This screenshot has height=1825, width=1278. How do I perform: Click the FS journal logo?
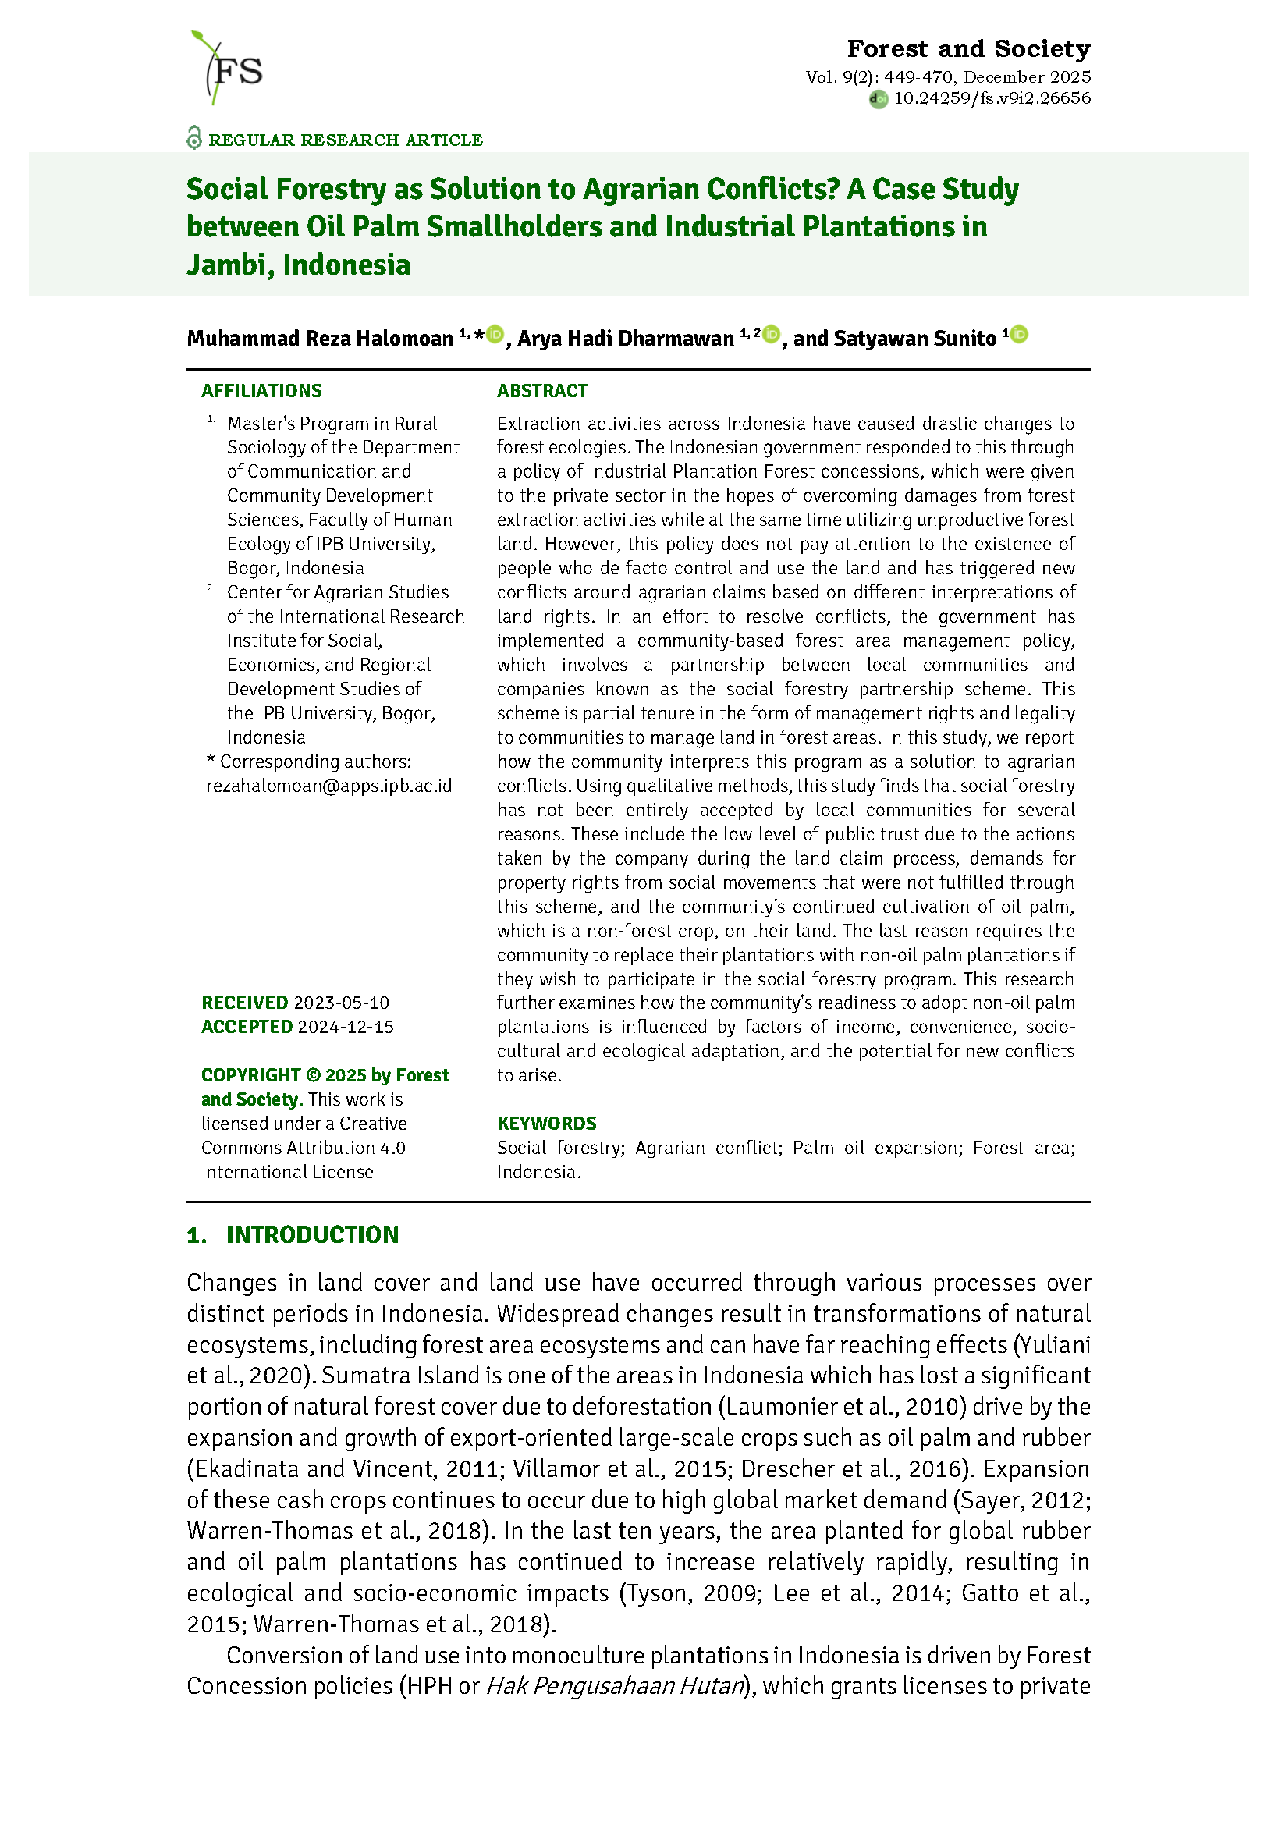[226, 69]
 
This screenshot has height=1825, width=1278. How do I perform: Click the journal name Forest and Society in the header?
[968, 49]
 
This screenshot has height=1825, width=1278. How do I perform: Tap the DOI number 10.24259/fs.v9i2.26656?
[992, 98]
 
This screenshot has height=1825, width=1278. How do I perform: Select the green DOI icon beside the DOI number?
[879, 99]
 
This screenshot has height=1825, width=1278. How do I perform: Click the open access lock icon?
[194, 138]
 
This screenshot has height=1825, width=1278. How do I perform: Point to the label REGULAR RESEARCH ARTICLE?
[346, 140]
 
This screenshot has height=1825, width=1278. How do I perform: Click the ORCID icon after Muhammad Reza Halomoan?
[495, 335]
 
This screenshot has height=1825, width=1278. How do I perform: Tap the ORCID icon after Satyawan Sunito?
[1020, 335]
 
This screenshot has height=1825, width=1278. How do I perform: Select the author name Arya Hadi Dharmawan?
[626, 339]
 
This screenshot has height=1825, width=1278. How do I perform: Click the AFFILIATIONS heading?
[261, 391]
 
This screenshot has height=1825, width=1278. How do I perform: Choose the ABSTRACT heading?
[542, 391]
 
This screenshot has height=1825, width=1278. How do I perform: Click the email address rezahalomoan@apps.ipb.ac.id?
[329, 786]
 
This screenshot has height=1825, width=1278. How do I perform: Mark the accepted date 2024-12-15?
[346, 1027]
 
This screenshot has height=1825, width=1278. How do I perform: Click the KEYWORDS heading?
[547, 1124]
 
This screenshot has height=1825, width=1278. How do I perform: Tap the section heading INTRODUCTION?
[312, 1234]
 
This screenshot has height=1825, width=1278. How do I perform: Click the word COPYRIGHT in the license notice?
[250, 1075]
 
